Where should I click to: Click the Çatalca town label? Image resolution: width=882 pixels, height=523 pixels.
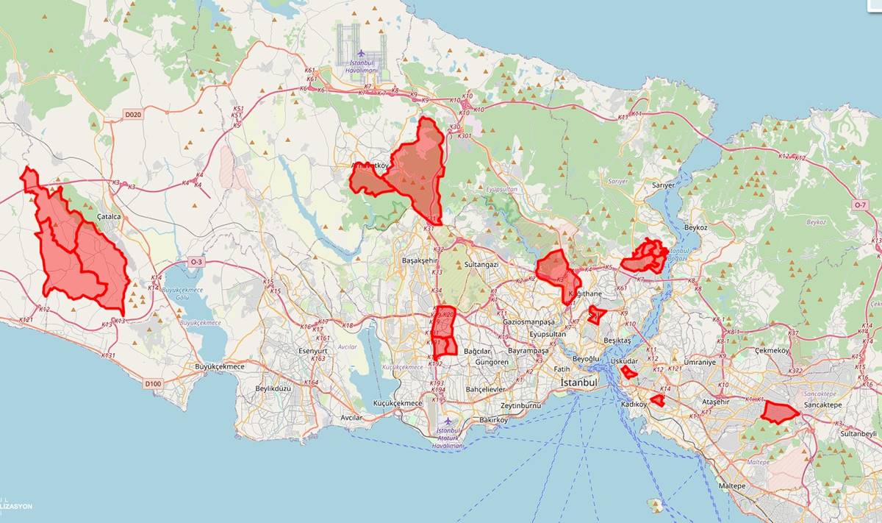(x=108, y=217)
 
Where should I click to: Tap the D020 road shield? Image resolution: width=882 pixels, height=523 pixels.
(x=132, y=115)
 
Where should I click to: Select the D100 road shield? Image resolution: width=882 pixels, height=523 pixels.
(x=153, y=383)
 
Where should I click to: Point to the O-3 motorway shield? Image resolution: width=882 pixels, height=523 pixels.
(x=196, y=262)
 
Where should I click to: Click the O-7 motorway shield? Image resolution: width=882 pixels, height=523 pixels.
(x=861, y=204)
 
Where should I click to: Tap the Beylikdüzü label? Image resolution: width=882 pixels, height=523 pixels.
(x=273, y=388)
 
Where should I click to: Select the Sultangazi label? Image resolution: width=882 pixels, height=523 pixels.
(x=481, y=264)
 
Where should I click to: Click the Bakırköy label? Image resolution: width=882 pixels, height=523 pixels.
(x=494, y=420)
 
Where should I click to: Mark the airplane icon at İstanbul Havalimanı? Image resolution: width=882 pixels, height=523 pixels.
(x=361, y=54)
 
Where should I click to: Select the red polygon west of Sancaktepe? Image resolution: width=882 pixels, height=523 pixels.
(x=778, y=413)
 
